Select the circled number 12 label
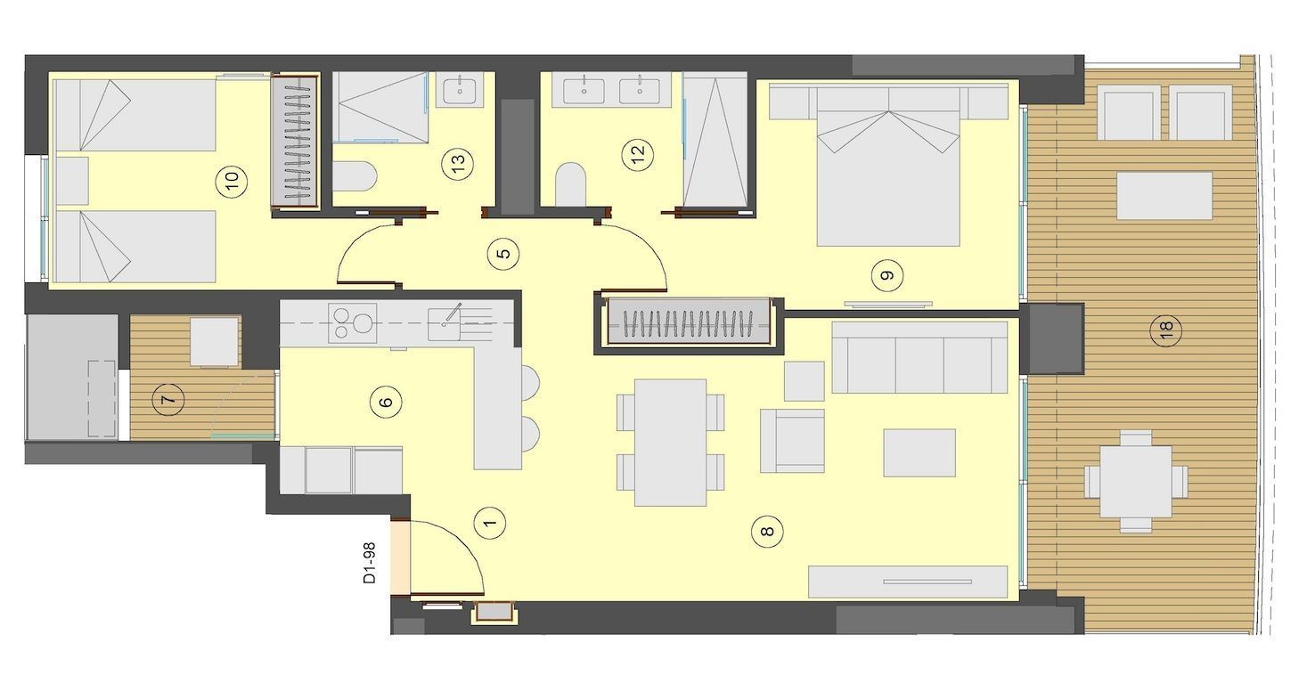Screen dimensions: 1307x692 (638, 154)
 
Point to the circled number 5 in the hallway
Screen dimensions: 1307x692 (504, 254)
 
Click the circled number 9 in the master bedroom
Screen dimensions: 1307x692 (887, 275)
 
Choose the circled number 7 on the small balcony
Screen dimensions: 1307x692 (168, 400)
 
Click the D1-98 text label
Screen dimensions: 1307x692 (369, 563)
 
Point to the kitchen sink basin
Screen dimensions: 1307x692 (444, 324)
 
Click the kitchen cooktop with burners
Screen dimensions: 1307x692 (353, 323)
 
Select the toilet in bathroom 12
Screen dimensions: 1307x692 (570, 183)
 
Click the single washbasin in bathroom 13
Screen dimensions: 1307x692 (460, 91)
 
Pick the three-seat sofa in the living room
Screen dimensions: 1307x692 (919, 357)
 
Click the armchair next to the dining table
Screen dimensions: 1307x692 (792, 441)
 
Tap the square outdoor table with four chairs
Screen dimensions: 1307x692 (1136, 481)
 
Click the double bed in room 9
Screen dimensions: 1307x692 (888, 167)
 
